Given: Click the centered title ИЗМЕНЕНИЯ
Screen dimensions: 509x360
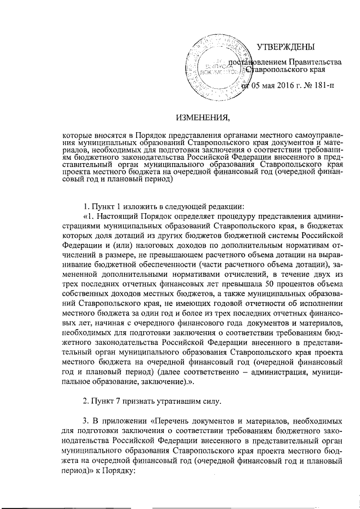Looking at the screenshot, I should [x=204, y=117].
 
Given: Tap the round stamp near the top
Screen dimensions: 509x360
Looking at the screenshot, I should [x=213, y=65].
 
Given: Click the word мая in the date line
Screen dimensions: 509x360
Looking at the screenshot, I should [x=266, y=86].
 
